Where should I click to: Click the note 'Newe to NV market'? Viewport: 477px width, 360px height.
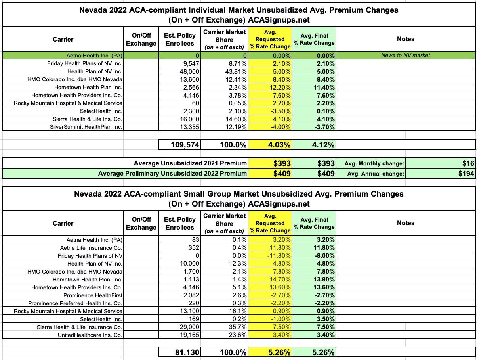(x=405, y=56)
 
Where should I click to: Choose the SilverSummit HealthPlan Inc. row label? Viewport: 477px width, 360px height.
(x=86, y=127)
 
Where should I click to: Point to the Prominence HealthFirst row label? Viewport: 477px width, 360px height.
(x=93, y=295)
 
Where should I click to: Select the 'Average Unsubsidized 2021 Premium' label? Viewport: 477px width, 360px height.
(x=190, y=163)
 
